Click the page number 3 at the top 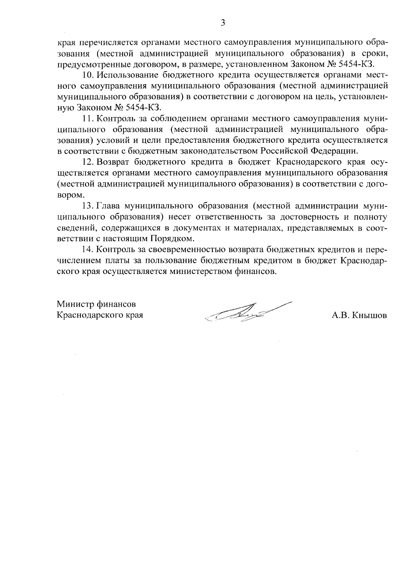pos(222,23)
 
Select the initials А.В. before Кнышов pos(341,315)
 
